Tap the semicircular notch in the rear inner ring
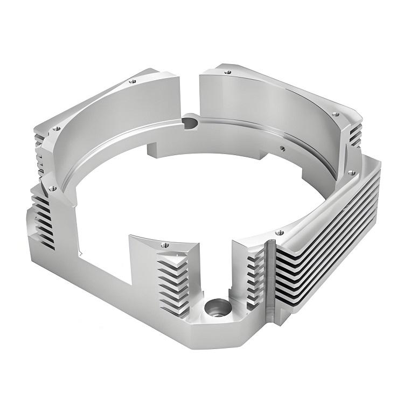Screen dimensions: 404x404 [x=190, y=123]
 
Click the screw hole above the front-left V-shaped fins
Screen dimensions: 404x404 [x=164, y=245]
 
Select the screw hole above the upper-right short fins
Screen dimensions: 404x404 [x=336, y=114]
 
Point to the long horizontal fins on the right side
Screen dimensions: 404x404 [x=329, y=226]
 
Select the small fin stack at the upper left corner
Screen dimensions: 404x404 [x=39, y=148]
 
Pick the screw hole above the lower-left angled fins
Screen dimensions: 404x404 [x=52, y=188]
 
